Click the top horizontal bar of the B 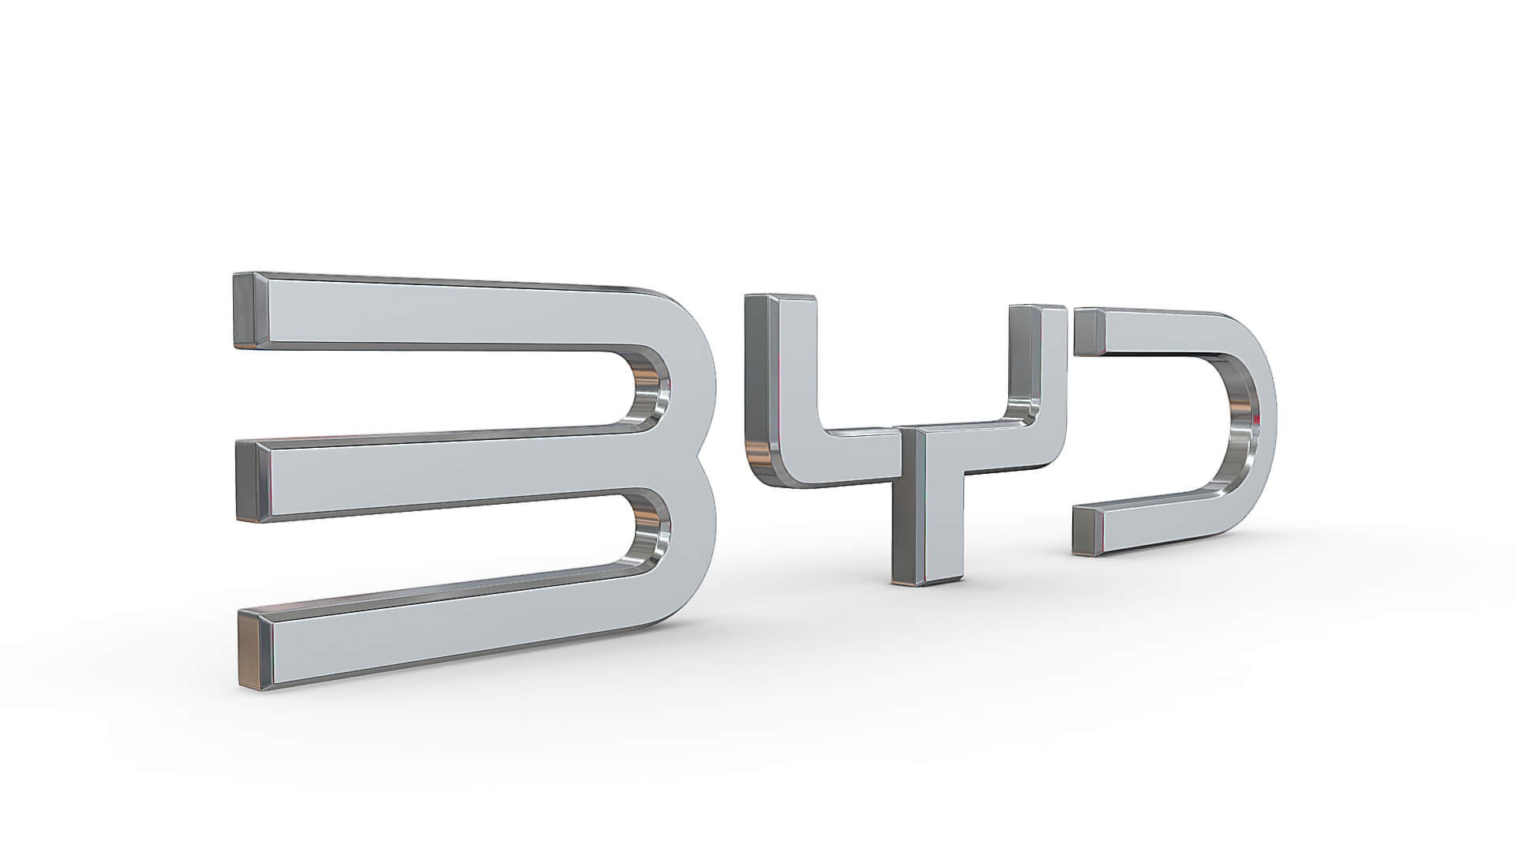pos(442,316)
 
